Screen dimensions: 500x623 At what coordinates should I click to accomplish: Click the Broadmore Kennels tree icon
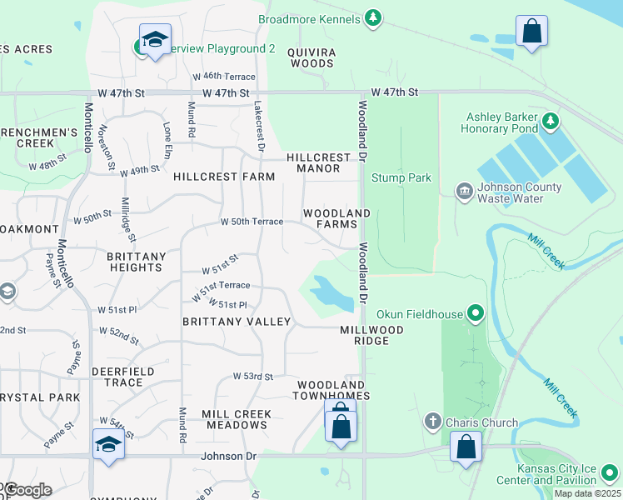click(x=374, y=18)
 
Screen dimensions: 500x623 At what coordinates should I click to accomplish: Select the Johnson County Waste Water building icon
click(x=464, y=192)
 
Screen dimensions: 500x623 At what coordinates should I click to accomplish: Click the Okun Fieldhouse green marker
click(x=476, y=314)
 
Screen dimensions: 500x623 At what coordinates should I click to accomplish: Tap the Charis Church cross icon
click(x=432, y=422)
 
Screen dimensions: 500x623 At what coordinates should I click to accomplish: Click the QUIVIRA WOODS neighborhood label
click(x=311, y=57)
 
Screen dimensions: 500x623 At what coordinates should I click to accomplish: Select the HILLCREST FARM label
click(x=224, y=177)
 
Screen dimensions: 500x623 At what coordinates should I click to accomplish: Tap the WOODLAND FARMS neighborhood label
click(x=336, y=219)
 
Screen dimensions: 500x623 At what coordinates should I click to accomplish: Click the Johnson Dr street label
click(x=227, y=457)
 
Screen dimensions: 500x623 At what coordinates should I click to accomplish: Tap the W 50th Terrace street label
click(x=252, y=222)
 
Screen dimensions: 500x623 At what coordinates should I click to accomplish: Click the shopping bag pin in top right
click(x=531, y=32)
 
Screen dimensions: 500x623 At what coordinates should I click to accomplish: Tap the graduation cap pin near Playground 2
click(x=154, y=40)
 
